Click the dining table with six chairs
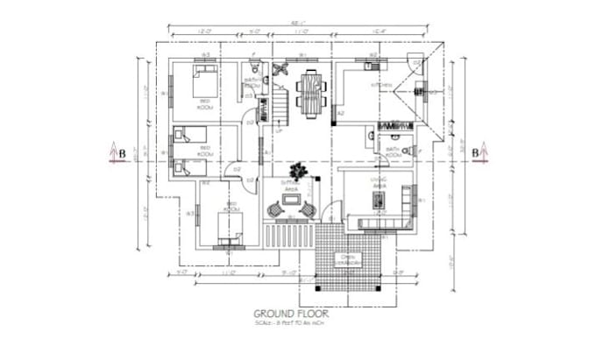(309, 90)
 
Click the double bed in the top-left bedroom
(204, 85)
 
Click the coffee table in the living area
(378, 201)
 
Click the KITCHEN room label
(381, 85)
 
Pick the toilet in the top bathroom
(252, 67)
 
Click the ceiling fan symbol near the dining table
(280, 69)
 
